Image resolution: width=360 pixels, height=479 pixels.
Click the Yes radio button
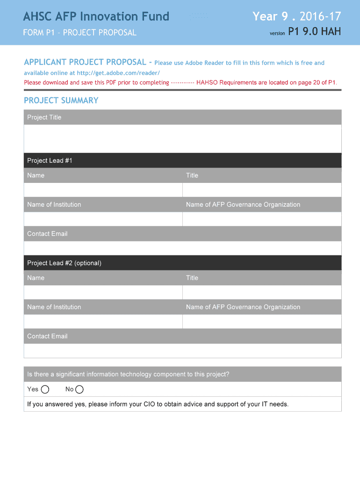point(45,390)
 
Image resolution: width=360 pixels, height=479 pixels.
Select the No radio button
point(79,390)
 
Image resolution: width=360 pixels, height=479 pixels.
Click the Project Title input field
point(182,138)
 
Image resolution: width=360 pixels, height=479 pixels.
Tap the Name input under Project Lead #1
point(103,190)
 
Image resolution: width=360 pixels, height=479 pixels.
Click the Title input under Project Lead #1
point(262,190)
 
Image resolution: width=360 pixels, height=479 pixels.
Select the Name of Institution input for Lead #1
point(103,219)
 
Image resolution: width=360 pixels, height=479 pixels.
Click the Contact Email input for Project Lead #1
point(182,248)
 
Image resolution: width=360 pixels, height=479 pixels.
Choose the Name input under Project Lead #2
point(103,292)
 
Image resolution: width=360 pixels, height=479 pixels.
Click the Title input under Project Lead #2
point(262,292)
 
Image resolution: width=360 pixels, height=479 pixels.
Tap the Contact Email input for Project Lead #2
point(182,350)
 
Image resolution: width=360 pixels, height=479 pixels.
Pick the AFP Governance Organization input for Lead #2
point(262,321)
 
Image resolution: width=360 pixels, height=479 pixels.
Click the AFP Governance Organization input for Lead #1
point(262,219)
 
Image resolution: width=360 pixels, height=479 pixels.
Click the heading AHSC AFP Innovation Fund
point(96,17)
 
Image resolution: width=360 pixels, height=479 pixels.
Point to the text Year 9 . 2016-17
point(297,17)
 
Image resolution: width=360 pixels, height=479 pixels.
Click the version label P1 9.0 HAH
point(314,32)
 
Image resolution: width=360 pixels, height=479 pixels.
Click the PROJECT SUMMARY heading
point(61,101)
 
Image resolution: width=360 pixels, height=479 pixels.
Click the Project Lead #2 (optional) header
point(64,263)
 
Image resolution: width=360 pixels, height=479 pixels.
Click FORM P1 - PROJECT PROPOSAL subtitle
point(80,33)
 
